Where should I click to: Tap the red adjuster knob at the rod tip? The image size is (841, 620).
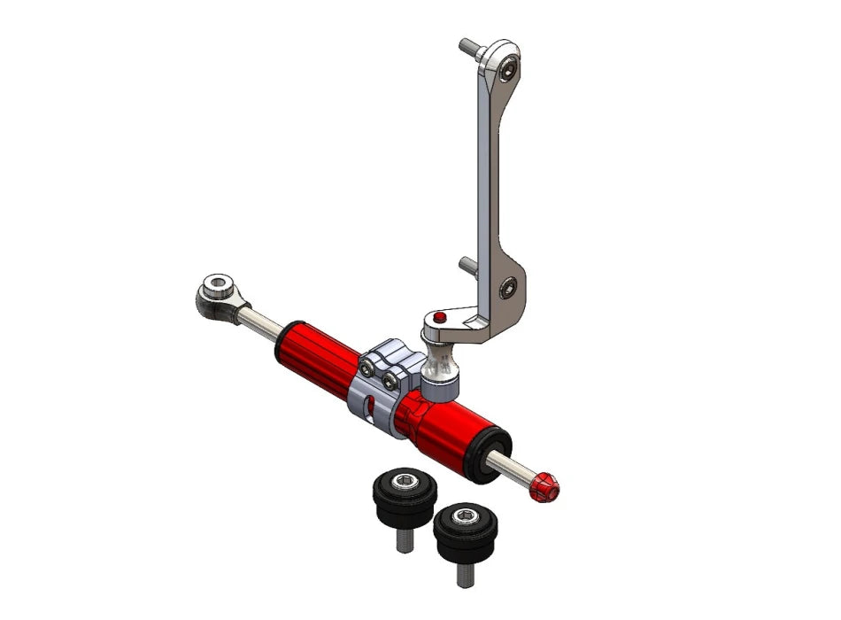(543, 486)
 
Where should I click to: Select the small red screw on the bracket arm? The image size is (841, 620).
(440, 317)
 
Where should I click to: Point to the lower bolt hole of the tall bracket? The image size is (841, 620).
(507, 285)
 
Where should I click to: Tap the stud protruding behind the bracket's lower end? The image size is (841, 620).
(468, 263)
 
